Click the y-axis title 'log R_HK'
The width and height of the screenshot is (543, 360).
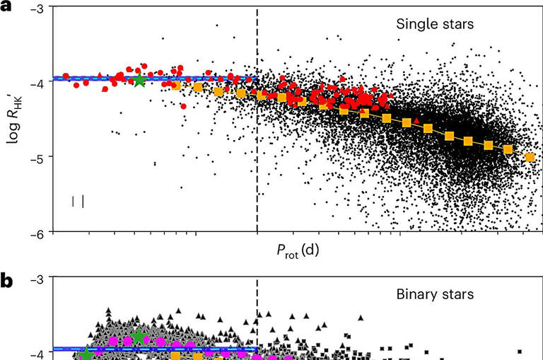(16, 120)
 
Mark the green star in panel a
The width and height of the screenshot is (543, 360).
(139, 80)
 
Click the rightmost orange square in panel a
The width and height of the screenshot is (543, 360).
(530, 156)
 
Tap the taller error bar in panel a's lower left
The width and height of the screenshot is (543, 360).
(83, 202)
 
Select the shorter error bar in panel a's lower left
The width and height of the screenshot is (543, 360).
(74, 202)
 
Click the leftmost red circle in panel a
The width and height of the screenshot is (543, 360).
(66, 76)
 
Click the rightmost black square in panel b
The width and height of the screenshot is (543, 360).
(520, 352)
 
